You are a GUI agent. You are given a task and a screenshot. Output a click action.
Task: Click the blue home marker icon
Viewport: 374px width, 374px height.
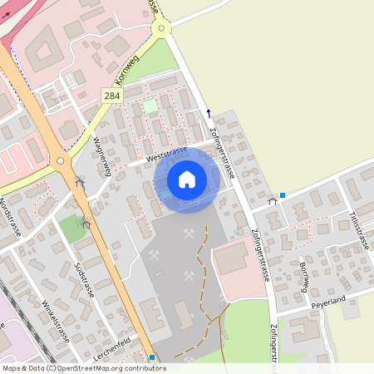coord(187,180)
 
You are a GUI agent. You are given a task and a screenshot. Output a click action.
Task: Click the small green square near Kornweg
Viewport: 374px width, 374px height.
coord(150,106)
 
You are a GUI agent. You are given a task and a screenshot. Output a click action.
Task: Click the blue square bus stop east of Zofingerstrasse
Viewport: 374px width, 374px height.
coord(283,195)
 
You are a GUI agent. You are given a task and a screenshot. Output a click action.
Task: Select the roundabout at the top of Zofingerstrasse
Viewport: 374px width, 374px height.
coord(161,29)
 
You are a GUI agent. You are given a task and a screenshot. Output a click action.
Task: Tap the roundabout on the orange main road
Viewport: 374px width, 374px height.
coord(59,161)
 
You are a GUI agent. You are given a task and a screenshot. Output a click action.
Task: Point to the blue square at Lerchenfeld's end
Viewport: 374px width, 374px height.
coord(151,358)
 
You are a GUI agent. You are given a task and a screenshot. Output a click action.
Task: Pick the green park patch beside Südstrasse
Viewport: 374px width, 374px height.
coord(72,229)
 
